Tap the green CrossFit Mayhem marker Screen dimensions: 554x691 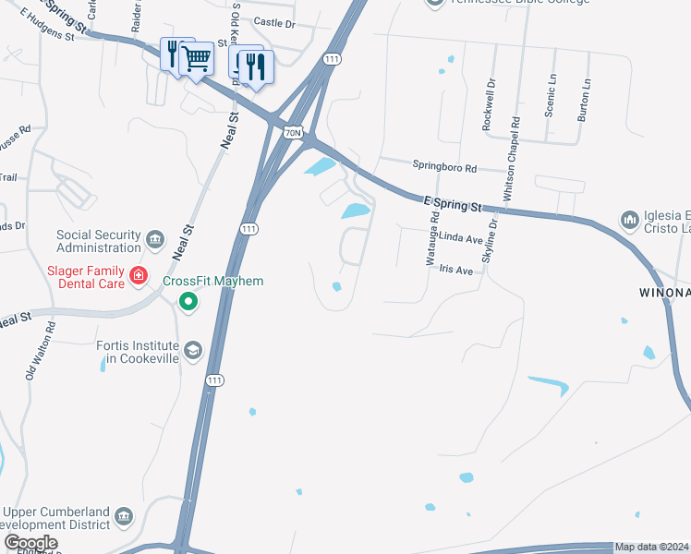(189, 301)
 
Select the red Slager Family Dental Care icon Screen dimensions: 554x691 (139, 275)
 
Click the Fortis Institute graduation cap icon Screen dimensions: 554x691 (193, 350)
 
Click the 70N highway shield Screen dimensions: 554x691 (293, 133)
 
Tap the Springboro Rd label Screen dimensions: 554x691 (444, 169)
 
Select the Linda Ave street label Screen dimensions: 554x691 (461, 238)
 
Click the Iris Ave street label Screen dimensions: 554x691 (456, 271)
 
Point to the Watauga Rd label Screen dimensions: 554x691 (431, 238)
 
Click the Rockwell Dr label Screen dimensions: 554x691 (491, 103)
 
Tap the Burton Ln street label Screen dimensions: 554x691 (585, 95)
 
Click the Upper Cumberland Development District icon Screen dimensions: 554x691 (124, 516)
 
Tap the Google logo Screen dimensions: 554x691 (30, 543)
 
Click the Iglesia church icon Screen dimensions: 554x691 (631, 220)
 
